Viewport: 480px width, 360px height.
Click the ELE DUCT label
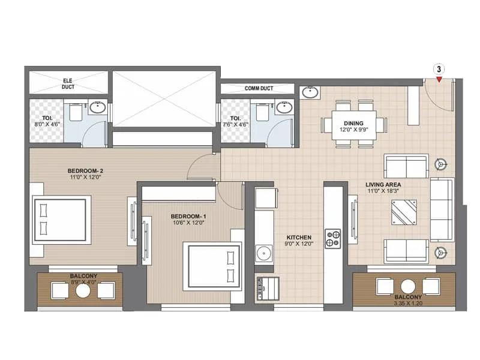68,83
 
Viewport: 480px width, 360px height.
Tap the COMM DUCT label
259,89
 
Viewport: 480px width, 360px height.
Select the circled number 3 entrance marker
439,69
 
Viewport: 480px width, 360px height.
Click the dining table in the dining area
354,125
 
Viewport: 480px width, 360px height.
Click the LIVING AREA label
384,185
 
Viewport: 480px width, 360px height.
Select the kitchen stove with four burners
333,238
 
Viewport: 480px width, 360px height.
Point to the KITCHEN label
298,238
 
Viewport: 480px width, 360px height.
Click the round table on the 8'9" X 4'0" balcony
83,290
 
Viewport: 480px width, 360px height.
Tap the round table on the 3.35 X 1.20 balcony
408,287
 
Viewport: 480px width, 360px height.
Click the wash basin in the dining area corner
310,92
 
